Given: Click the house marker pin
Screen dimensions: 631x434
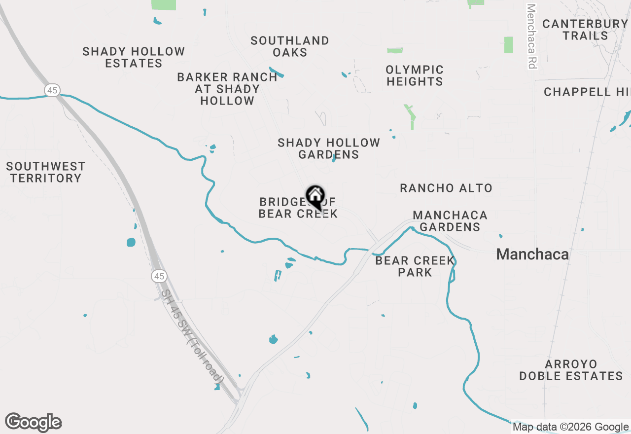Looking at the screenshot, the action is point(315,197).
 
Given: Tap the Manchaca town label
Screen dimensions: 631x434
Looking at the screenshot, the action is point(532,254).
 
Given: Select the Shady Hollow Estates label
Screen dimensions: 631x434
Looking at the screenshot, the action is point(134,58).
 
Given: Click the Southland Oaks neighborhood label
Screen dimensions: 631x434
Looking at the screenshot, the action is point(289,46).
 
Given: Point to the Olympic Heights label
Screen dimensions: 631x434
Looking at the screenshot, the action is point(415,75).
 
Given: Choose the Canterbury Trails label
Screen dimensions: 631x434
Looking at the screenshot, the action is point(585,30).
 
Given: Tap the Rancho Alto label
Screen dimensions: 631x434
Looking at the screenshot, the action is point(446,188).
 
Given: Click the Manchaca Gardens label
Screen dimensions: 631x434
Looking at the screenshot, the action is point(450,221).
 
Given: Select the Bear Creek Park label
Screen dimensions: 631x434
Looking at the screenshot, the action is point(415,266).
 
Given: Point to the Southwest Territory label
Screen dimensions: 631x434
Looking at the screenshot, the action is point(46,172).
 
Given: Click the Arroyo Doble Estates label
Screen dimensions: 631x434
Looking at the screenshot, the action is point(571,370).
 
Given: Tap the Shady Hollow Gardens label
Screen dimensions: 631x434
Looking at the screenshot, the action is point(329,148).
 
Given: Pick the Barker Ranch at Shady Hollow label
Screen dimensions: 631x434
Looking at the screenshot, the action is point(227,89).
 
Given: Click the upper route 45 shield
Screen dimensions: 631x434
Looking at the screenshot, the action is point(52,90).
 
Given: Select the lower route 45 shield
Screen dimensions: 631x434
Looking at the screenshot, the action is point(159,276).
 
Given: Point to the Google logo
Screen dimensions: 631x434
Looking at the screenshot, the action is point(34,422).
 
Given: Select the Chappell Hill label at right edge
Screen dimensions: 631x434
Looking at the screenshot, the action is point(587,92).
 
